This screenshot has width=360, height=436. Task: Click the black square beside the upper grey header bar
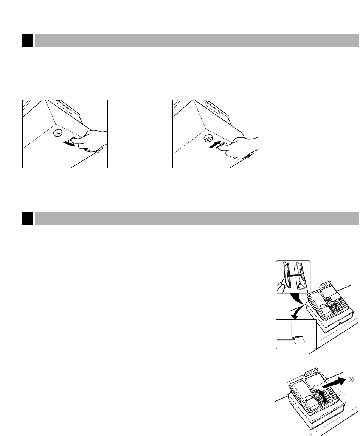coord(28,40)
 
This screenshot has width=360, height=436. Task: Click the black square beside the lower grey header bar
coord(28,218)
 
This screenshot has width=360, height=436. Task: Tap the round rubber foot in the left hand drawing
coord(58,134)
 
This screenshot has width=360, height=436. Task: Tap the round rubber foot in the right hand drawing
coord(208,138)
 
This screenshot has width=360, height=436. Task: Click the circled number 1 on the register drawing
coord(316,387)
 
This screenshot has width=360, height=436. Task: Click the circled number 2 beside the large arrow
coord(351,379)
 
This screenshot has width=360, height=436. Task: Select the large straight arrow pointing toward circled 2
coord(334,383)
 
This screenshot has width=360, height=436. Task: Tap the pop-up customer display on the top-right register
coord(325,285)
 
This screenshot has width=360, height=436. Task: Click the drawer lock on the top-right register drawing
coord(340,323)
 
